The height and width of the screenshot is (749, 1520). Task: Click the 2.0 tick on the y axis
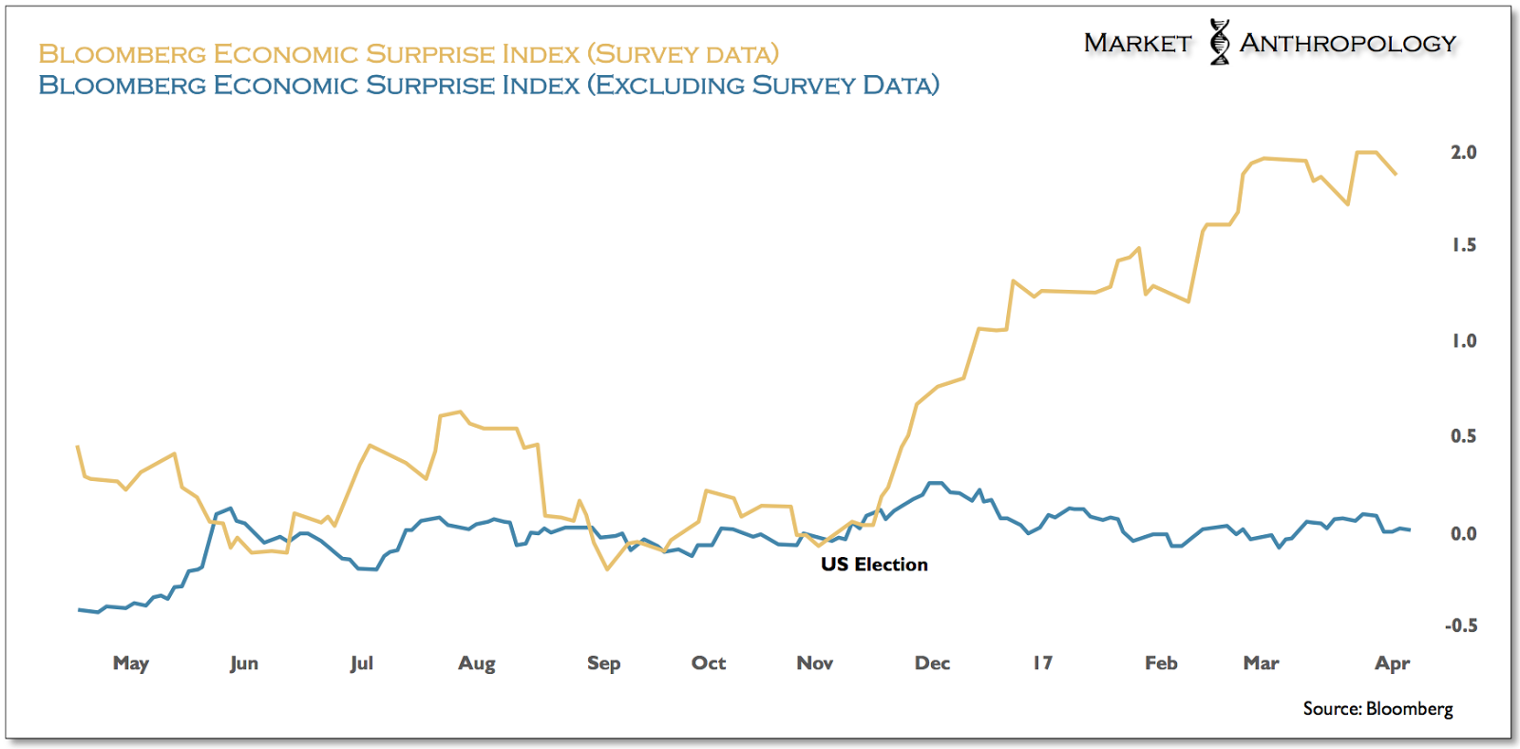[x=1463, y=152]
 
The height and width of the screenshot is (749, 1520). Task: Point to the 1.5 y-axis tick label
[x=1463, y=245]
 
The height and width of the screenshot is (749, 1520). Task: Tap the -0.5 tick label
[x=1460, y=625]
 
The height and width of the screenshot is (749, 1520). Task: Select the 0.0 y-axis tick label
[x=1463, y=534]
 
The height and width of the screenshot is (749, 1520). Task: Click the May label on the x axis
[x=131, y=663]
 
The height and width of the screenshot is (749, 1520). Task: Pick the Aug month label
[x=477, y=663]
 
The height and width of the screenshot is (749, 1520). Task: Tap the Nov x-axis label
[x=815, y=663]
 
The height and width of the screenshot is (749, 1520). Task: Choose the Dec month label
[x=932, y=663]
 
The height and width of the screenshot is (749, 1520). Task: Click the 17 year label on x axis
[x=1042, y=663]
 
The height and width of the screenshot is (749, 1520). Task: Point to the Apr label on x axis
[x=1392, y=663]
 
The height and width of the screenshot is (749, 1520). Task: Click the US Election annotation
[x=874, y=565]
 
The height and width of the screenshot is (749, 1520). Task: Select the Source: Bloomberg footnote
[x=1377, y=709]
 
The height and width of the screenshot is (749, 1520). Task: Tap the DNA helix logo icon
[x=1219, y=42]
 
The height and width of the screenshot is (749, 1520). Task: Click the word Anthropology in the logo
[x=1347, y=44]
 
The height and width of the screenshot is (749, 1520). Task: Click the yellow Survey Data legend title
[x=408, y=54]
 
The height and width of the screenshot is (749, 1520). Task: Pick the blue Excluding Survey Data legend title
[x=488, y=86]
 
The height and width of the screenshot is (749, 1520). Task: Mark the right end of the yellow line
[x=1396, y=174]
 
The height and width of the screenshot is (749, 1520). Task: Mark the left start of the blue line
[x=79, y=609]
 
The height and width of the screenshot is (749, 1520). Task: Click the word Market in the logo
[x=1137, y=44]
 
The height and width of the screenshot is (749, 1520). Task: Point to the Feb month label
[x=1161, y=663]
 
